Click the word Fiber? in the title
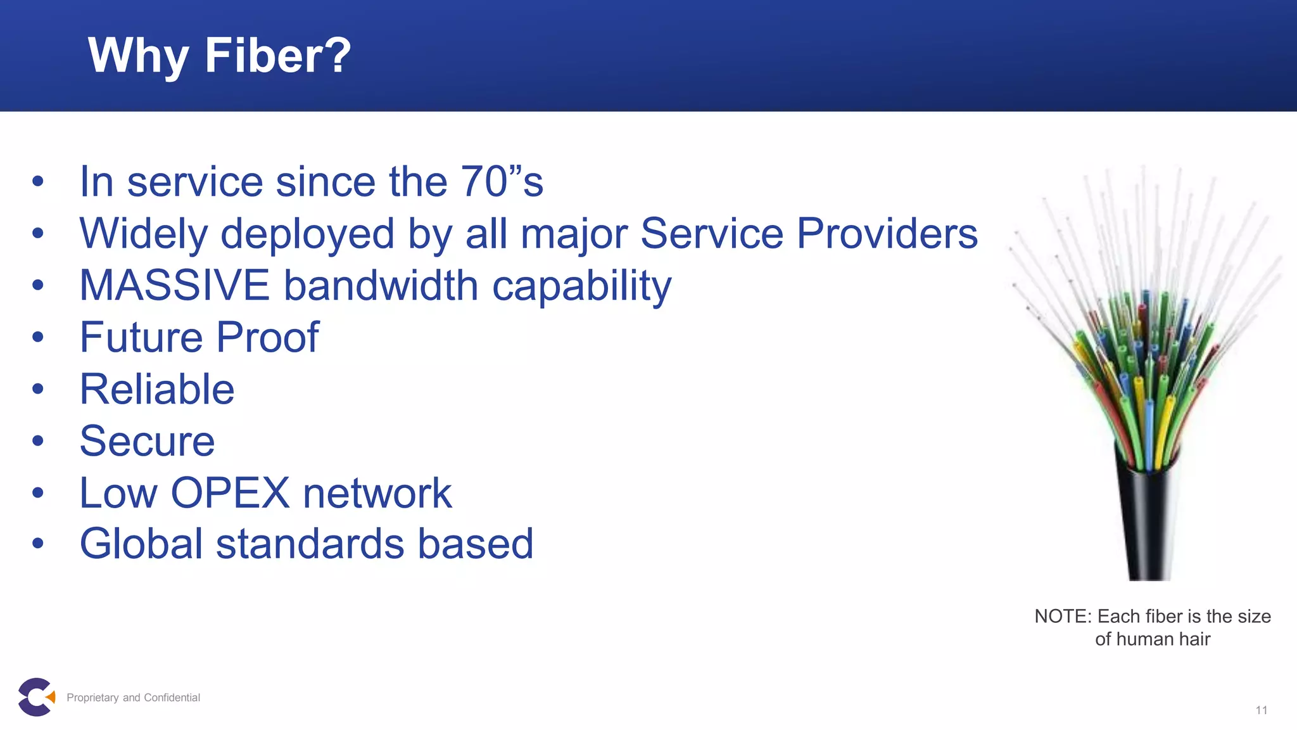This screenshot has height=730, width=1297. click(277, 56)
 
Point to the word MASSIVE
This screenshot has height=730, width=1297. click(174, 285)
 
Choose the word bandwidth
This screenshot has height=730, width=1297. click(381, 285)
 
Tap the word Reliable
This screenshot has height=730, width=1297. click(157, 389)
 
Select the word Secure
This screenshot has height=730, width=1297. click(147, 441)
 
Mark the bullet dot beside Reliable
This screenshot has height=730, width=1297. click(38, 389)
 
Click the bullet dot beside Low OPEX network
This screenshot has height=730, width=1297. click(38, 493)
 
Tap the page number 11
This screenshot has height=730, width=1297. click(1261, 710)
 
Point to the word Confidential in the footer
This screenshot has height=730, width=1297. click(172, 698)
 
